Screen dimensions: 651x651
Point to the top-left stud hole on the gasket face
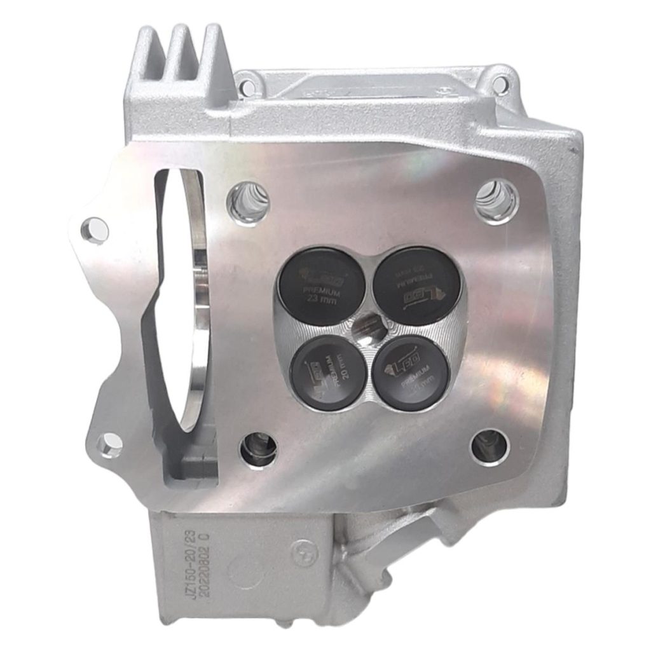click(249, 202)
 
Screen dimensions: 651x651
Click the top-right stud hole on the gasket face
click(497, 202)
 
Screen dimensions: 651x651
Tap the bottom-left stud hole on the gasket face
click(258, 449)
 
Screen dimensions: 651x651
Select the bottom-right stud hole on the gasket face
click(490, 447)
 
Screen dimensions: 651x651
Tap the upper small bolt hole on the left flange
click(94, 228)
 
